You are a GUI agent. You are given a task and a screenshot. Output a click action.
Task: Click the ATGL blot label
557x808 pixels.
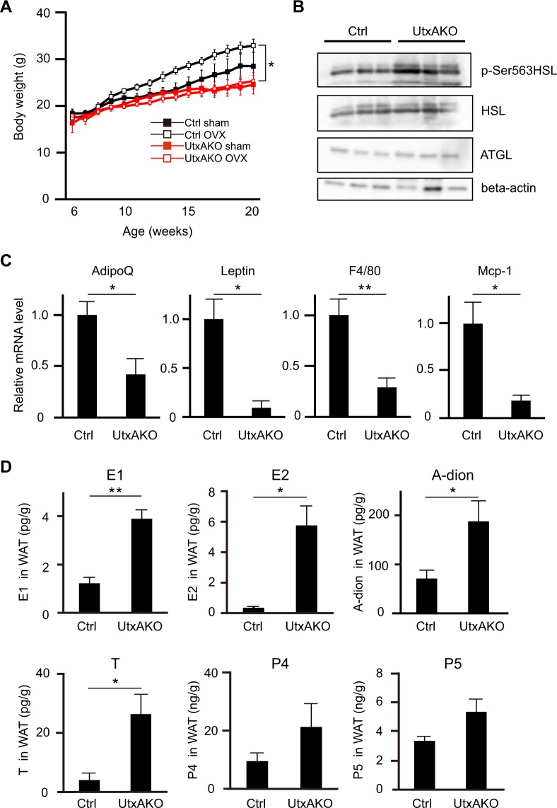coord(491,150)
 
